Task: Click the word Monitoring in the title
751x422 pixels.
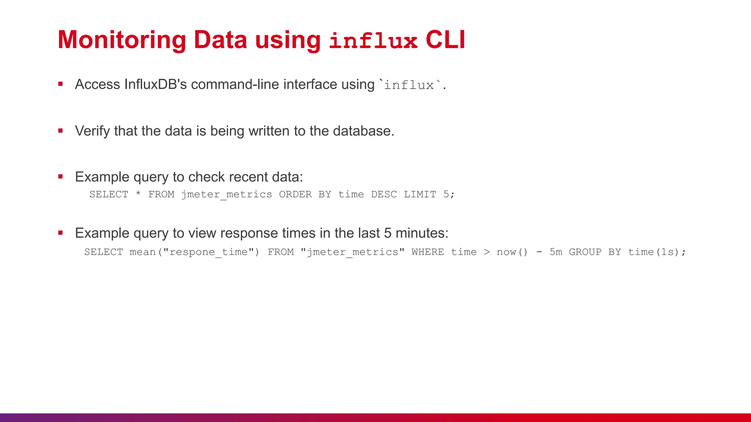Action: pos(122,40)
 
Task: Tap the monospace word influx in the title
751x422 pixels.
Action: pos(373,41)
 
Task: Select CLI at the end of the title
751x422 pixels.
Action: pos(445,40)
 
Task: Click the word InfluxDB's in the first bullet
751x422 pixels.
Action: pos(155,84)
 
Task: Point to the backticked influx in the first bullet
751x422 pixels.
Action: pos(409,85)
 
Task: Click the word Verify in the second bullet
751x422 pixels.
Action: pos(92,131)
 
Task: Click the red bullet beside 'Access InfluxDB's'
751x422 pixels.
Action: pos(61,84)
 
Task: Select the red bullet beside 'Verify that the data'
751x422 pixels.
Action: pos(61,130)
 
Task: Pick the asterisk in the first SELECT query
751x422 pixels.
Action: pos(138,193)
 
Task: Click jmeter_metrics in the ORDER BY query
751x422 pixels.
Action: pos(227,194)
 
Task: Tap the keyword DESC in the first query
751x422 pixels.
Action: pos(384,194)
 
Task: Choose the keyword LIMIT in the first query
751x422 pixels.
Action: pos(420,194)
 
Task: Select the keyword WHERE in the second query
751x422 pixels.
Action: pos(428,252)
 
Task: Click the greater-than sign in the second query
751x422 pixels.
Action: pos(487,252)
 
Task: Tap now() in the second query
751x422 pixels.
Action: pos(512,252)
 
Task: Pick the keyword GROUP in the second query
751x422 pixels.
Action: pos(585,252)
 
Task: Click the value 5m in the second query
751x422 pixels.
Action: pos(556,252)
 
